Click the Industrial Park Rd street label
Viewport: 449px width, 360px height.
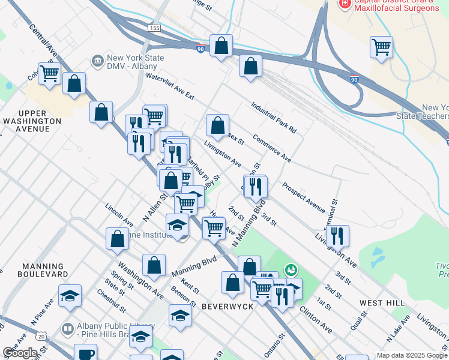274,116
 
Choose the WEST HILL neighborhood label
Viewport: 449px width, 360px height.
381,304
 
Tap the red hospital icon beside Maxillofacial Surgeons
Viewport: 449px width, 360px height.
345,4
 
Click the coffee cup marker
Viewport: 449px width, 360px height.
85,353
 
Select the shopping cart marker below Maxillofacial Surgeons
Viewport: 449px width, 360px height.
382,47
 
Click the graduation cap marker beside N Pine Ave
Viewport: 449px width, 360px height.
70,296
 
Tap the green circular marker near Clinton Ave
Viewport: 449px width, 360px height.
291,271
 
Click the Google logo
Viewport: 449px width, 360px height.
20,353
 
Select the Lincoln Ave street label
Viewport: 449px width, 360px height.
119,214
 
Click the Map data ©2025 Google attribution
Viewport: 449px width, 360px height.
412,355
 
